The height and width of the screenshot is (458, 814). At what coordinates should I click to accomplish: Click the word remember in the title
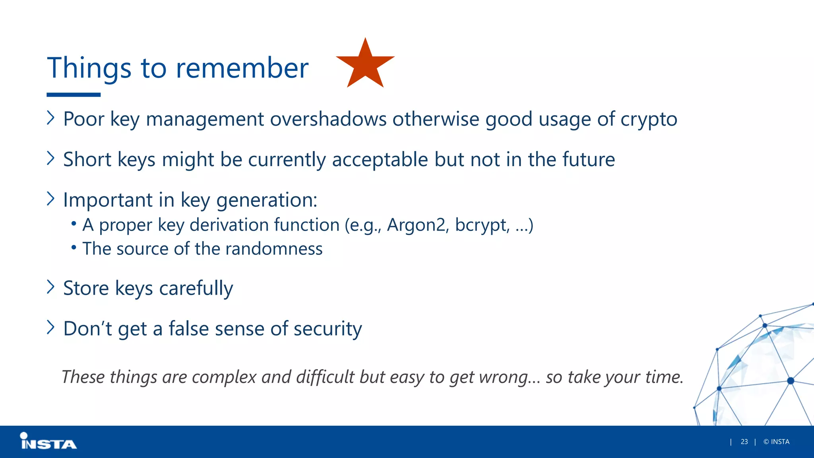(x=242, y=68)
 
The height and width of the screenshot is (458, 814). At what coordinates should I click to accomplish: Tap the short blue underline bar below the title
(x=74, y=95)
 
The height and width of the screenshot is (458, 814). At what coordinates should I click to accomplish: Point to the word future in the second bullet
(x=589, y=159)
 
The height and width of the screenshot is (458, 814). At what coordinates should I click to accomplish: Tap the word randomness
(x=274, y=249)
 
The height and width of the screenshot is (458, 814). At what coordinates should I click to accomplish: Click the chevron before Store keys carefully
(x=50, y=287)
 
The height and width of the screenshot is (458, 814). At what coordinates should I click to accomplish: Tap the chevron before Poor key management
(x=50, y=118)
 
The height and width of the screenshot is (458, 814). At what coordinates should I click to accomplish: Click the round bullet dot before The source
(x=74, y=247)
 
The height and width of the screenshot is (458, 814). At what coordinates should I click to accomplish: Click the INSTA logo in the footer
(x=48, y=442)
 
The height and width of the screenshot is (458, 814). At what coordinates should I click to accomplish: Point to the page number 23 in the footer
(x=744, y=442)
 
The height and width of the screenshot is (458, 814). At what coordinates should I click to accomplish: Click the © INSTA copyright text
(x=776, y=442)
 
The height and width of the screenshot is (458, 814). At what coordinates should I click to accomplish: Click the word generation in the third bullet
(x=267, y=200)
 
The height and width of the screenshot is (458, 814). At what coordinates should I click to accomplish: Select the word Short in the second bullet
(x=87, y=159)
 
